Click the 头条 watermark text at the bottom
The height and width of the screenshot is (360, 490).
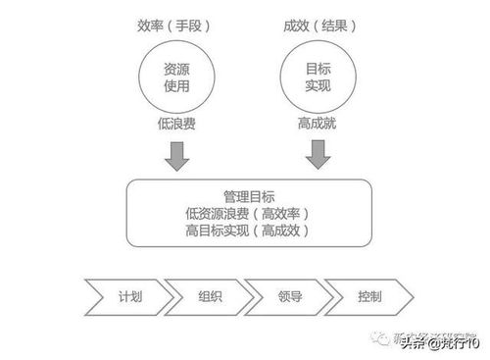click(x=416, y=342)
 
